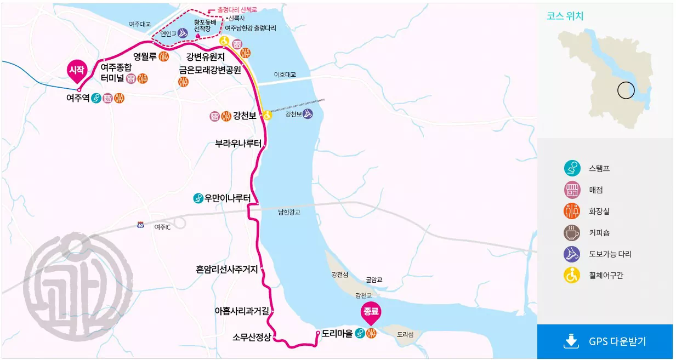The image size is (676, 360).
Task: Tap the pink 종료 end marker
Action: (x=371, y=312)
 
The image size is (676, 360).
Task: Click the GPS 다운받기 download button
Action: (x=605, y=341)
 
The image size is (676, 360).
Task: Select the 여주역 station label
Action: (x=78, y=99)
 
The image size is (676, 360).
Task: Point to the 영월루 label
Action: (x=145, y=56)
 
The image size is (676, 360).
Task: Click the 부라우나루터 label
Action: (x=238, y=145)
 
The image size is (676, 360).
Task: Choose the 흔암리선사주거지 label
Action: (x=226, y=269)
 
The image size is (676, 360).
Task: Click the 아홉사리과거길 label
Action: (x=242, y=311)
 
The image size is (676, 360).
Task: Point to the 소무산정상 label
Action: (x=252, y=337)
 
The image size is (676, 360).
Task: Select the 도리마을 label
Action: (x=337, y=333)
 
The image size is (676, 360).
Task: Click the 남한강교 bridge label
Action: (x=289, y=212)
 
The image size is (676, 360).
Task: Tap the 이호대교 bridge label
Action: (x=285, y=75)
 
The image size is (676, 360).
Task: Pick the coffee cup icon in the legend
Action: (x=572, y=232)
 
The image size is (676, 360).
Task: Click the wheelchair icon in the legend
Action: (x=572, y=275)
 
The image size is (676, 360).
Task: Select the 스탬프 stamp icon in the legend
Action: (x=572, y=168)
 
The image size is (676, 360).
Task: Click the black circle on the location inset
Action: (x=626, y=90)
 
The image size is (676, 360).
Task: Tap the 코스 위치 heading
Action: (x=565, y=16)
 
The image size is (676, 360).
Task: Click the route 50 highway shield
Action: (x=140, y=225)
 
